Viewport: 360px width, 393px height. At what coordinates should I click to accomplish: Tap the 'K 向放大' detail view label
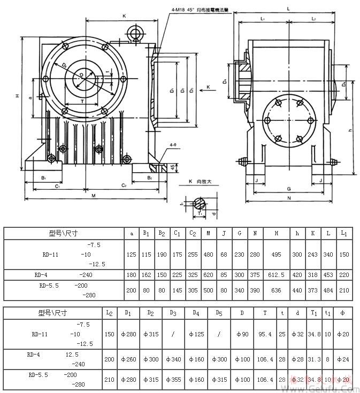pos(200,182)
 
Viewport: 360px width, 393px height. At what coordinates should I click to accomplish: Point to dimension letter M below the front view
pos(94,196)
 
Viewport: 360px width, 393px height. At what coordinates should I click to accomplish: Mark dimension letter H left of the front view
pos(17,96)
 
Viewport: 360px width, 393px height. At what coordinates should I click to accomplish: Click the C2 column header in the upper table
pos(192,233)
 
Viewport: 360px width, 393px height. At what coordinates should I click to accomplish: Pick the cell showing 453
pos(330,275)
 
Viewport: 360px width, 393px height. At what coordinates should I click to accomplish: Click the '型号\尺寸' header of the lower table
pos(52,312)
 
